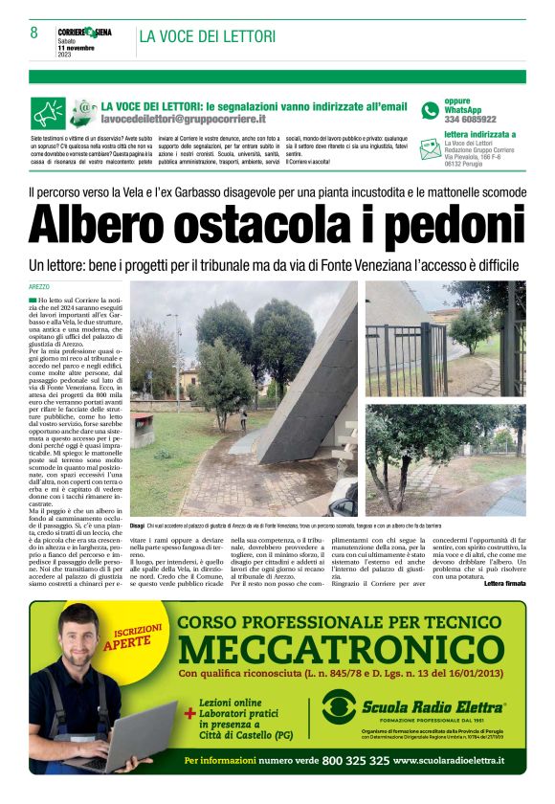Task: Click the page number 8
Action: [x=33, y=33]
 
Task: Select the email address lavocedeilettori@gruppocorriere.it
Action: [x=183, y=120]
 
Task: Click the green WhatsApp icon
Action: [x=430, y=110]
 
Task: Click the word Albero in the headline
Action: [x=103, y=228]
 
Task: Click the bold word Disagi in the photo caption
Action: [x=137, y=526]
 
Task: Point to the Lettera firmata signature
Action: [x=504, y=582]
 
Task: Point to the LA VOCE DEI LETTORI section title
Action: [x=208, y=36]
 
